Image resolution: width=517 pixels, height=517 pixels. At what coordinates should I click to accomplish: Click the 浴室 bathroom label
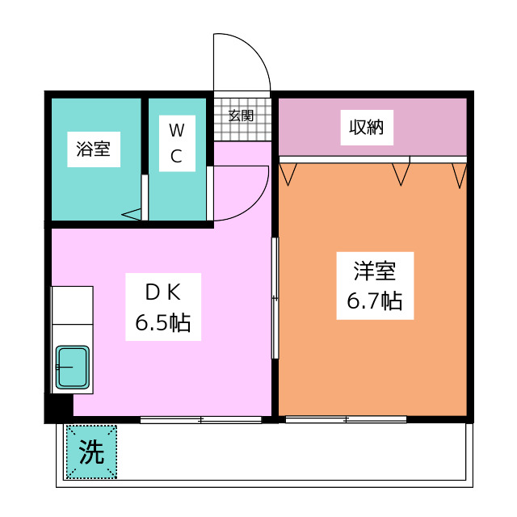coord(93,149)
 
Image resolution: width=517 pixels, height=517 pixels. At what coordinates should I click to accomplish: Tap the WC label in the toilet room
coord(176,142)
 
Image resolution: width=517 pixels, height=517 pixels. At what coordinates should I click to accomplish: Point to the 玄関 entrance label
coord(241,115)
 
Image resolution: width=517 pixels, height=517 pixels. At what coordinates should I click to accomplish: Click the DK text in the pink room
coord(162,289)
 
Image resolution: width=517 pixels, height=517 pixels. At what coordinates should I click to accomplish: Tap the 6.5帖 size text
coord(162,324)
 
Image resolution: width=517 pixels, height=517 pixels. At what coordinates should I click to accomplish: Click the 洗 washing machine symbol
coord(91,452)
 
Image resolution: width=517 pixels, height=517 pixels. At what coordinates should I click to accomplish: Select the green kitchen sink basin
coord(73,368)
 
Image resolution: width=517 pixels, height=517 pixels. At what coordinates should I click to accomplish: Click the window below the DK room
coord(200,419)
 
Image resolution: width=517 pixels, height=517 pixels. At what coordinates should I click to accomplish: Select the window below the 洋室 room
coord(345,419)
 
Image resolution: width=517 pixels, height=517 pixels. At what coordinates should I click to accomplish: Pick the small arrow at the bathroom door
coord(132,215)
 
